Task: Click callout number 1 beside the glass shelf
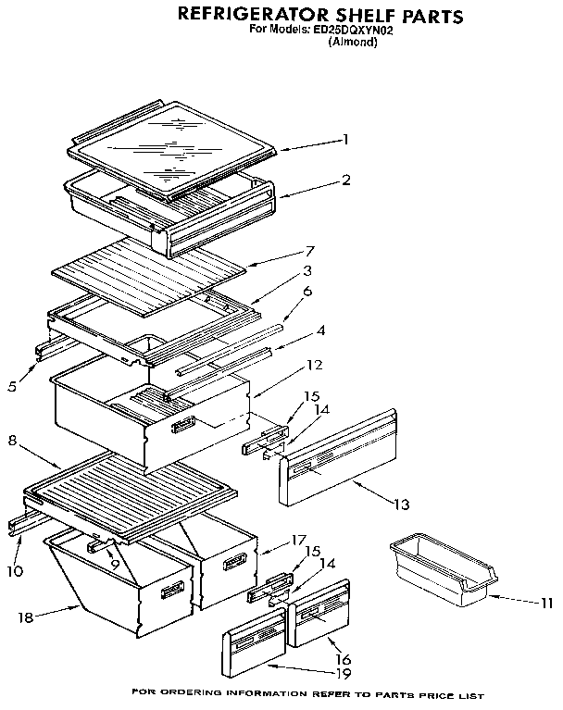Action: pos(344,140)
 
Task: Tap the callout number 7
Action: pos(311,250)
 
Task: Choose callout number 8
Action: pos(11,442)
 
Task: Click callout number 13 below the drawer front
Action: pos(400,504)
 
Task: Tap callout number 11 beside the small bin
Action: pos(546,604)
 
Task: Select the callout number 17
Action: pos(298,539)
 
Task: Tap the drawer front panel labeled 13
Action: pos(338,458)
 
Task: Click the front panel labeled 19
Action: pos(254,644)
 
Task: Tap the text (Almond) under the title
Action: pos(353,42)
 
